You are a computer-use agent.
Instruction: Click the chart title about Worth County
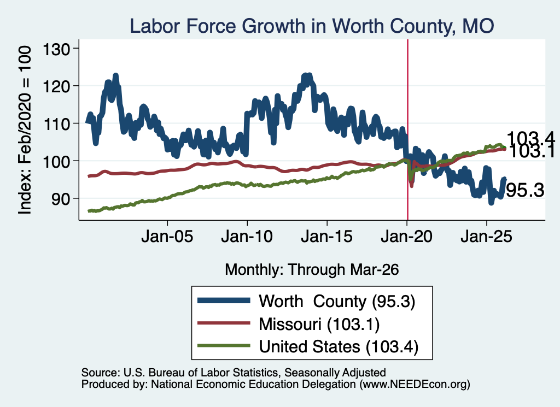click(x=312, y=26)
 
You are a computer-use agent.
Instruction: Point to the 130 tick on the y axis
click(x=56, y=49)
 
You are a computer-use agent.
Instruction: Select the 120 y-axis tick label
click(x=56, y=86)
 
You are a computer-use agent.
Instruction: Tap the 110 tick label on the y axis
click(x=56, y=123)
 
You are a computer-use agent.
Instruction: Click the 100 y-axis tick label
click(x=56, y=161)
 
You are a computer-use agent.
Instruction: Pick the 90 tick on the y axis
click(x=61, y=198)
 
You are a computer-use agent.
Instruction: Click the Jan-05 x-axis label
click(x=167, y=237)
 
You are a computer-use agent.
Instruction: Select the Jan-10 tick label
click(x=247, y=237)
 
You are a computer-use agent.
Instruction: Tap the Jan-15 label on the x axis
click(x=327, y=237)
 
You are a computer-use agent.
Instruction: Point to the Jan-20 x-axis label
click(x=407, y=237)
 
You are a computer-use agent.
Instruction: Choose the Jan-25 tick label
click(x=486, y=237)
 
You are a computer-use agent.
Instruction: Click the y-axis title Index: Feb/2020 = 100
click(x=25, y=130)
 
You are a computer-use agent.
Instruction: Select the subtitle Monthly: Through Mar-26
click(x=312, y=269)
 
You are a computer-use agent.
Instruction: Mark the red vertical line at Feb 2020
click(x=407, y=130)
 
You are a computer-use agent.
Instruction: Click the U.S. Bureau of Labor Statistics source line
click(x=234, y=373)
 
